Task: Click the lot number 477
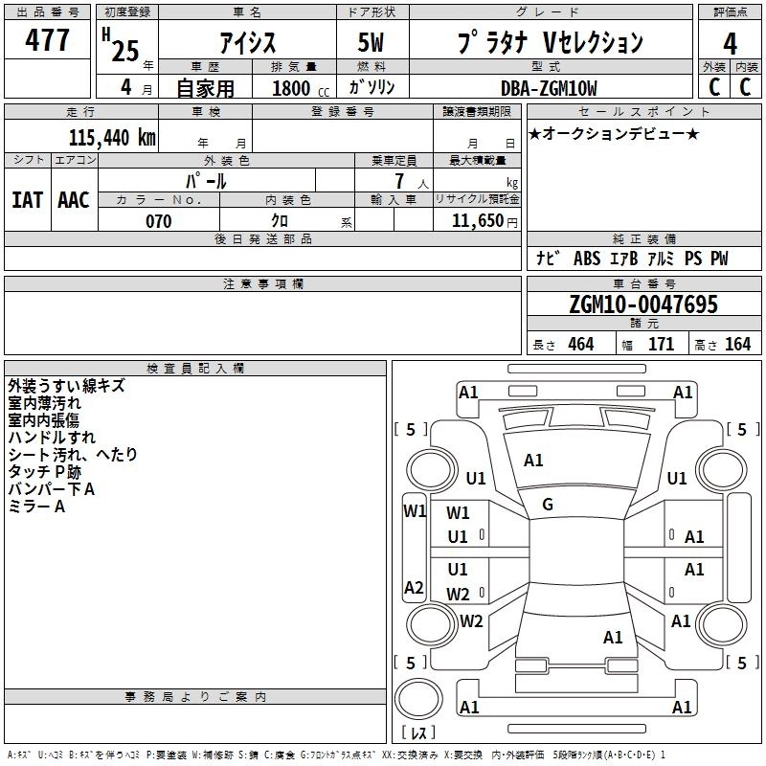click(47, 39)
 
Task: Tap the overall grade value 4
click(730, 44)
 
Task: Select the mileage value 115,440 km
click(112, 138)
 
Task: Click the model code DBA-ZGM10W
click(549, 88)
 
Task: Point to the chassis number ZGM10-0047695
click(643, 304)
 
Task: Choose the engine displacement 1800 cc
click(300, 88)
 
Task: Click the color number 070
click(158, 221)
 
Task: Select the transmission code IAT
click(27, 200)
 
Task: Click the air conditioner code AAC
click(74, 200)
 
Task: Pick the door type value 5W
click(371, 42)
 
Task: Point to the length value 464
click(581, 344)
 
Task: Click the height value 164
click(737, 344)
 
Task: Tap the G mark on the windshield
click(548, 505)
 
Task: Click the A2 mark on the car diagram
click(414, 587)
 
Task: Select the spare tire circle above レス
click(418, 699)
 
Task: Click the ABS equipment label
click(587, 259)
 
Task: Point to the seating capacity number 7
click(399, 181)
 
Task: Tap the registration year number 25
click(125, 51)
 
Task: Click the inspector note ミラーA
click(36, 507)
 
